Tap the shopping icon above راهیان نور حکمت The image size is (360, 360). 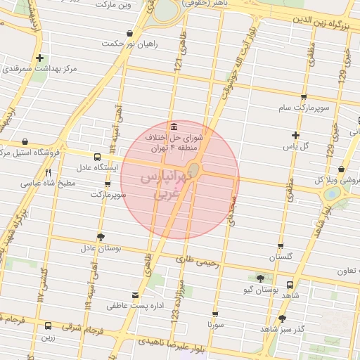pyautogui.click(x=129, y=33)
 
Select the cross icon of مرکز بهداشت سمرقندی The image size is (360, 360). pyautogui.click(x=41, y=58)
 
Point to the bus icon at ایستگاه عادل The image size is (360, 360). pyautogui.click(x=98, y=156)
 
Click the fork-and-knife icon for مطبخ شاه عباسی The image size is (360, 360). pyautogui.click(x=48, y=172)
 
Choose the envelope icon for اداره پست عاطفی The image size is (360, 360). pyautogui.click(x=136, y=295)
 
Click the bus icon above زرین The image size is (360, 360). pyautogui.click(x=48, y=326)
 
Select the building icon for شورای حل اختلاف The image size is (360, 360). pyautogui.click(x=174, y=124)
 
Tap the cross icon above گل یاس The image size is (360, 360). pyautogui.click(x=295, y=135)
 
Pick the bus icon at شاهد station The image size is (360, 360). pyautogui.click(x=290, y=285)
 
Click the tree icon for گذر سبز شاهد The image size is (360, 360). pyautogui.click(x=282, y=318)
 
